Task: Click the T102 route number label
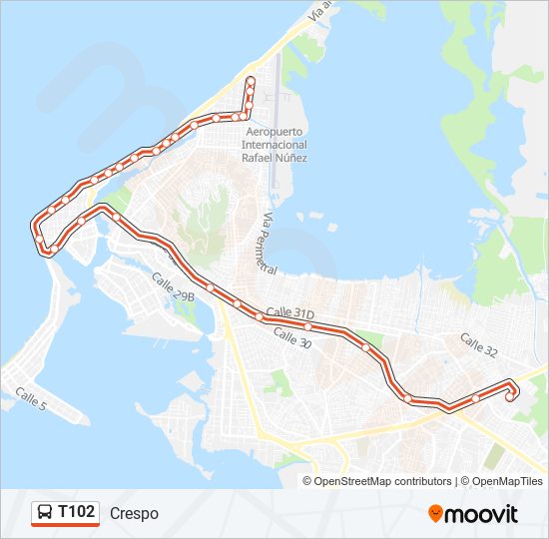(77, 512)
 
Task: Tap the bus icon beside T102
(45, 513)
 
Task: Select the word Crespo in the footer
(134, 513)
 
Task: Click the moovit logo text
(481, 514)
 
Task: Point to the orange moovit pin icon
(435, 513)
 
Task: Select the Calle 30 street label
(291, 338)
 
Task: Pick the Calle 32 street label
(478, 343)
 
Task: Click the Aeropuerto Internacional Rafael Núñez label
(274, 145)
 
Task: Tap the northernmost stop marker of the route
(251, 80)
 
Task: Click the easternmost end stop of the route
(510, 396)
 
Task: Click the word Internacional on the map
(274, 145)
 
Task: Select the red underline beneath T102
(65, 525)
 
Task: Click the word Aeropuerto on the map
(274, 132)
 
